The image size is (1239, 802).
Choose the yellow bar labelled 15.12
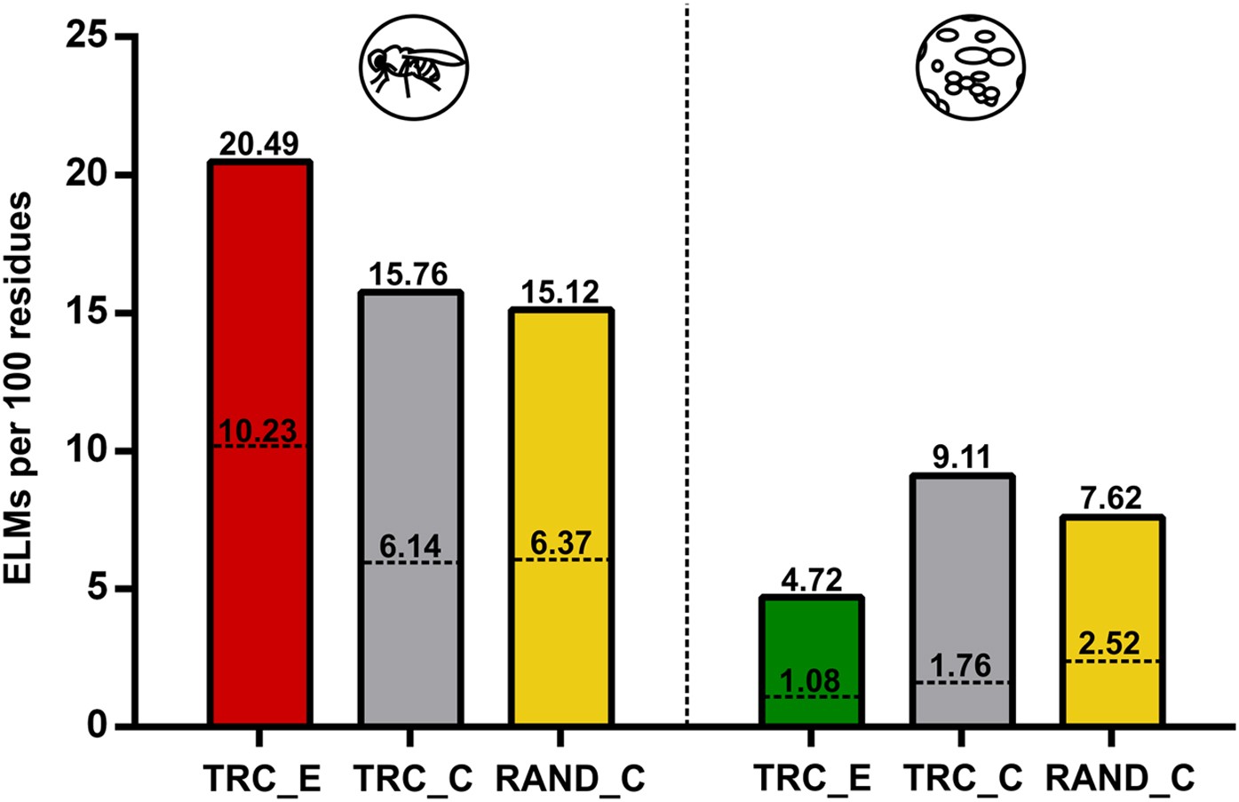click(560, 426)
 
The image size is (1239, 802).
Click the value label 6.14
click(409, 547)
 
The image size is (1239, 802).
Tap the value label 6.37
click(560, 544)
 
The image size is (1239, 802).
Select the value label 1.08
click(810, 681)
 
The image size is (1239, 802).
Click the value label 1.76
click(961, 666)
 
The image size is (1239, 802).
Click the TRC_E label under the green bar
click(811, 777)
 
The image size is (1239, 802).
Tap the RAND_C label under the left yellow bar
click(568, 777)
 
